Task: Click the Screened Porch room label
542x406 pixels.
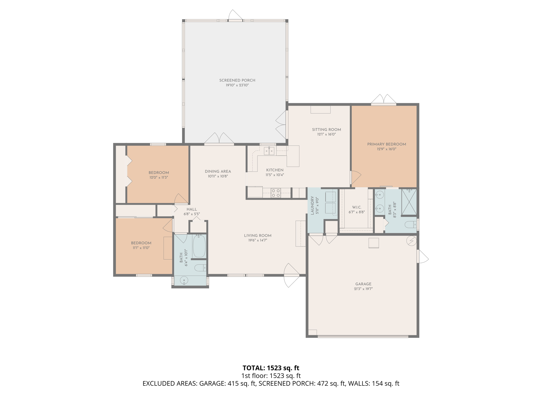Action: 237,80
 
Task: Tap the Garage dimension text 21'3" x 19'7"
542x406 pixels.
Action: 363,289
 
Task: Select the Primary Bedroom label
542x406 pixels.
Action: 386,144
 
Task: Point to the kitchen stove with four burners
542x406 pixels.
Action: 275,193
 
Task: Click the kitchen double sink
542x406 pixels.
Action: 269,151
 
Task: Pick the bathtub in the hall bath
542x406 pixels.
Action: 199,246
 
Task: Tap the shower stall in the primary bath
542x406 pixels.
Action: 409,202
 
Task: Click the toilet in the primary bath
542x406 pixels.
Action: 410,225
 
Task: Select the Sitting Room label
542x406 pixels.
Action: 326,130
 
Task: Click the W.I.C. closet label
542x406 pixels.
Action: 356,207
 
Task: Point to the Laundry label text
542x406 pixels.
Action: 312,205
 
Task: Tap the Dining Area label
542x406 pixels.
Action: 218,172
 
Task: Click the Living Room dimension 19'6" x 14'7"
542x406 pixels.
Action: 258,240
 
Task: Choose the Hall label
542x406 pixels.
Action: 192,209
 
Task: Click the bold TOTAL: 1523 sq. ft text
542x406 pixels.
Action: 271,368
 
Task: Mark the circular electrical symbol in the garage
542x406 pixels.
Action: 412,241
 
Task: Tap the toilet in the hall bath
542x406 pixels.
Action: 200,268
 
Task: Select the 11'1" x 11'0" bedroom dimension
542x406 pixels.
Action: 141,248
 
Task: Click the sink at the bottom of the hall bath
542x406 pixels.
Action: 184,280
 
